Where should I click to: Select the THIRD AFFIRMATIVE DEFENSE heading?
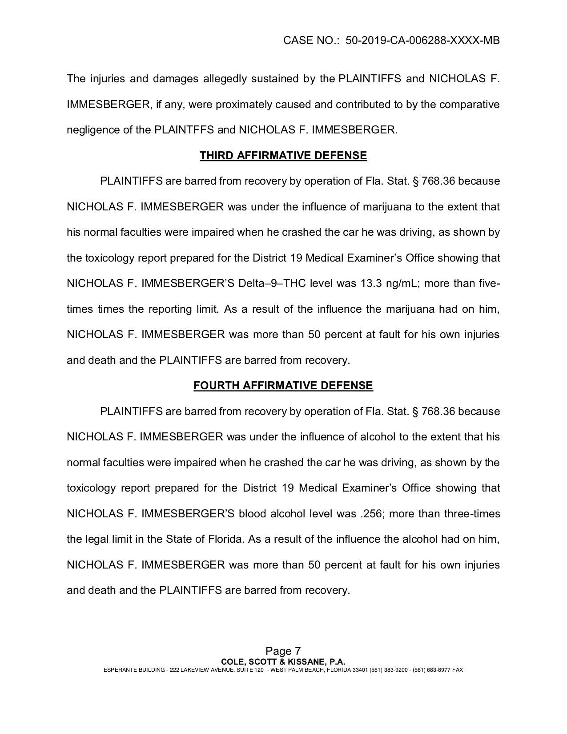283,156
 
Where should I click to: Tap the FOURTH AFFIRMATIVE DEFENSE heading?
283,386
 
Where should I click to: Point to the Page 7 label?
283,652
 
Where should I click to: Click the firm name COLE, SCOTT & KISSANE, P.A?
283,662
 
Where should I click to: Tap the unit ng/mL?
403,284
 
